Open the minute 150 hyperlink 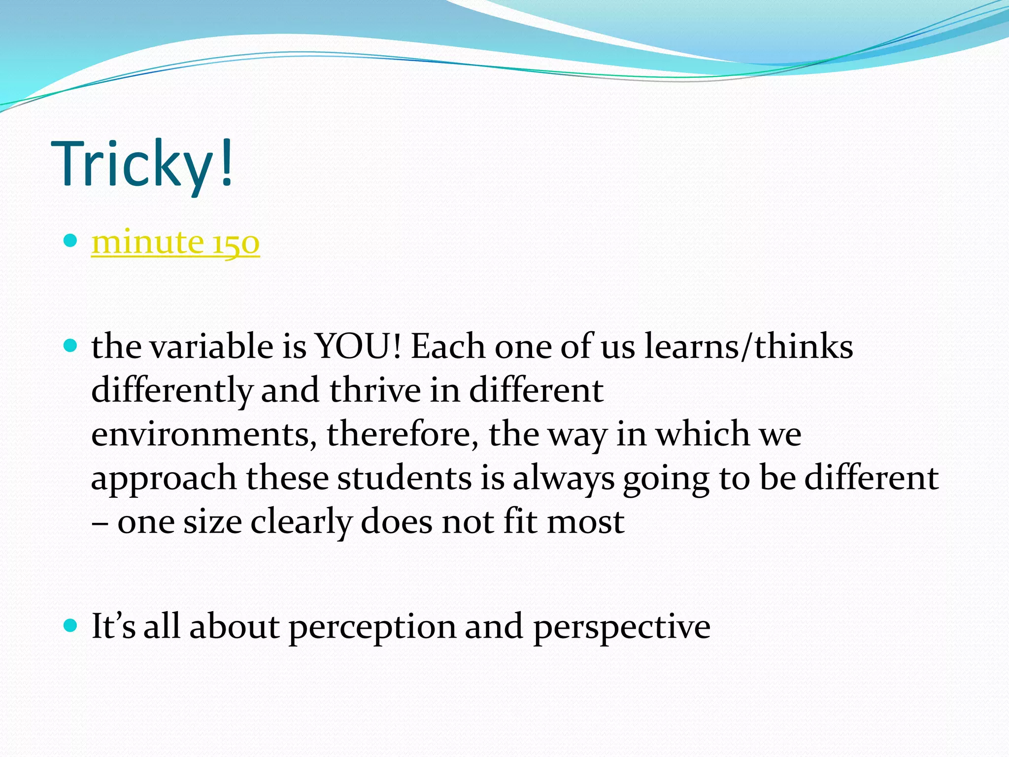175,242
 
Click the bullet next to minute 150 71,241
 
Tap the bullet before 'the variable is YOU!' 71,345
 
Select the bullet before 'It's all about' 71,626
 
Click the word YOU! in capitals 358,346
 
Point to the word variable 211,346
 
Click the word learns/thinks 749,346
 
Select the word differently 171,390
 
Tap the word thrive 375,390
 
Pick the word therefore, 402,434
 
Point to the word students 404,478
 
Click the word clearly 301,522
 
